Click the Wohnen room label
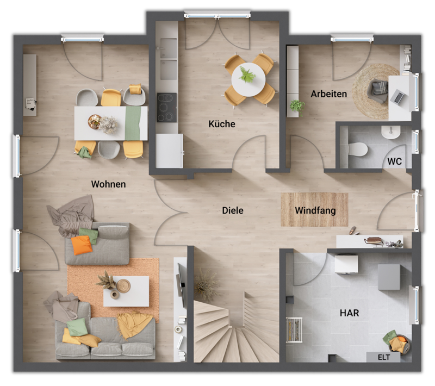click(108, 184)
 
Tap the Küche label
click(222, 124)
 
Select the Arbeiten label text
click(328, 94)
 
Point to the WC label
click(395, 161)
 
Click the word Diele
click(233, 210)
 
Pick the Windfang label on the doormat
click(314, 210)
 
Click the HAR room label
click(349, 313)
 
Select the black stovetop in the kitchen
click(167, 107)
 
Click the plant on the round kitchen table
click(247, 74)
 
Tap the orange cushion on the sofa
click(82, 245)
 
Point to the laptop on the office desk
click(398, 97)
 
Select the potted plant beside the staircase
click(206, 284)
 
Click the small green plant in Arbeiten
click(297, 105)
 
